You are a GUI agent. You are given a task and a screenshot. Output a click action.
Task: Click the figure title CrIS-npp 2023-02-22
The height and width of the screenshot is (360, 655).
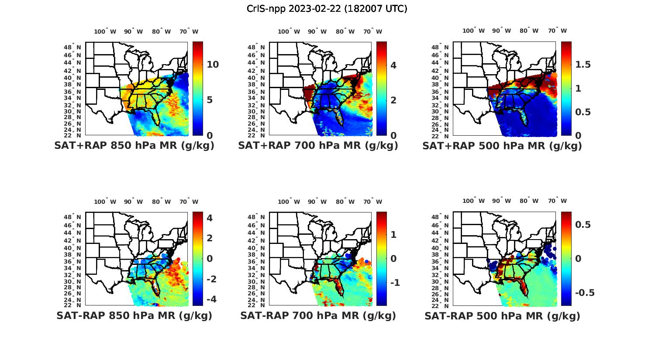pos(327,9)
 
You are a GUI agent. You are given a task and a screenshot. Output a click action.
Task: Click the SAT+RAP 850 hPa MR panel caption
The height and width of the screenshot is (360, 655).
pos(134,146)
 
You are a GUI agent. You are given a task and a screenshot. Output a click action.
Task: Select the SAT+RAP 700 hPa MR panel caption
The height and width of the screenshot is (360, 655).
pos(318,146)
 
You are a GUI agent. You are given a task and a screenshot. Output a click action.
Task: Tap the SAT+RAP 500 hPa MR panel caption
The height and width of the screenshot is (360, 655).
pos(502,146)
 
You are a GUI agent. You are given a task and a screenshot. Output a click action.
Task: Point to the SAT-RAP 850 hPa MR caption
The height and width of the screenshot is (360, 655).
pos(134,315)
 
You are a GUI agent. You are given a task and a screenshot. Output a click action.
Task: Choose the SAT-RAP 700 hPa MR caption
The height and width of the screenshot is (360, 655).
pos(318,315)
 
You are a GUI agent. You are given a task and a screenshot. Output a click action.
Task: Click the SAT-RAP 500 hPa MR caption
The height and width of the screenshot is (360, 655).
pos(502,316)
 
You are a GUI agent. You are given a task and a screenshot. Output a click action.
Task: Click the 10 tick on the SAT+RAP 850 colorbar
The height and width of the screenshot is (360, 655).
pos(213,65)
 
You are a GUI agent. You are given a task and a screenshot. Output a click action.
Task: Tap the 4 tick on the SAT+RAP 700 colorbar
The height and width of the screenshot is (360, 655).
pos(393,65)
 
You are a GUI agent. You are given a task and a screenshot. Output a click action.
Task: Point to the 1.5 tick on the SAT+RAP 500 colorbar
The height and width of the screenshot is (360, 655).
pos(583,65)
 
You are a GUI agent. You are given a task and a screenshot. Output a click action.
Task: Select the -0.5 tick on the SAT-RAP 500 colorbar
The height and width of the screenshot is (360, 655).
pos(585,292)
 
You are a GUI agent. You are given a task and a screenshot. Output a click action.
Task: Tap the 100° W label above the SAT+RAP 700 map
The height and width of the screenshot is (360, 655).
pos(289,31)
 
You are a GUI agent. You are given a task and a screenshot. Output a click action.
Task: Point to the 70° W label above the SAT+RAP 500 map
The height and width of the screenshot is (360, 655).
pos(557,31)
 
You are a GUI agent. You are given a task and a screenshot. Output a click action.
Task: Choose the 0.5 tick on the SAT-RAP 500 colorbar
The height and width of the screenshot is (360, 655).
pos(583,224)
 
